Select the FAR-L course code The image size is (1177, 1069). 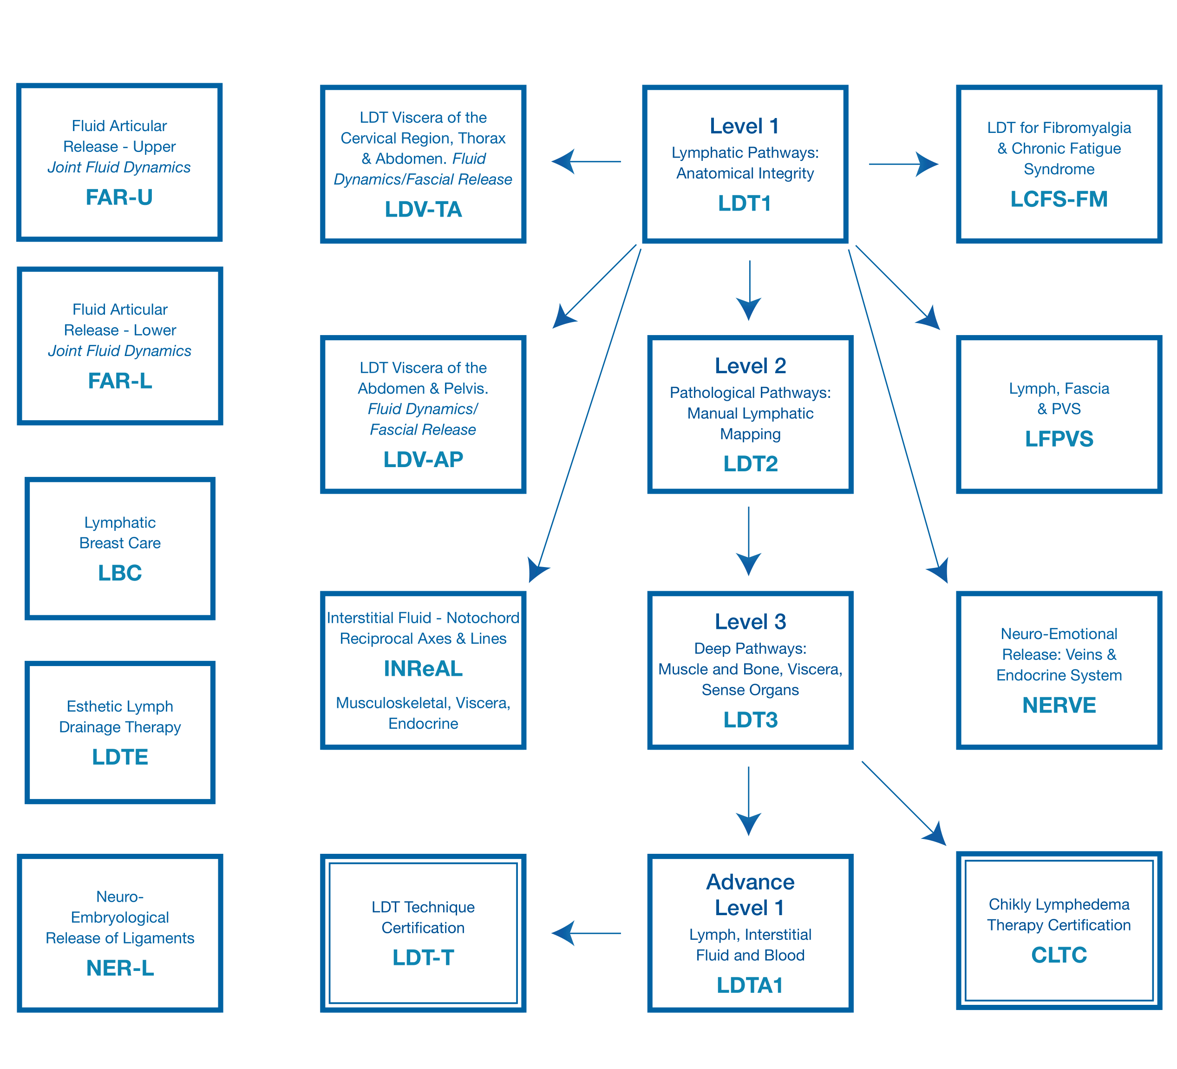pos(120,381)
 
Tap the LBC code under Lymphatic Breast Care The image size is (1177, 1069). pos(120,573)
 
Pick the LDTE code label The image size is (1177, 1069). pos(120,757)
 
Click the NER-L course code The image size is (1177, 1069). pos(120,968)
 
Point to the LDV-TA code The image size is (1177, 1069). pos(423,209)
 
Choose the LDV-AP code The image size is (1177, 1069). pos(423,460)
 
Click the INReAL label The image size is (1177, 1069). pos(423,669)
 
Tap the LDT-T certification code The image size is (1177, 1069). pos(423,957)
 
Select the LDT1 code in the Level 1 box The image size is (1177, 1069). pos(745,203)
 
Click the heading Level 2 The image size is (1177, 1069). pos(750,366)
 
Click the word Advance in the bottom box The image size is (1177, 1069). pos(750,882)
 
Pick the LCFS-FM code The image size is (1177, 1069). pos(1059,199)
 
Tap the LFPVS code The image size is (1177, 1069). pos(1059,439)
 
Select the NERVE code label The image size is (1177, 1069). pos(1059,705)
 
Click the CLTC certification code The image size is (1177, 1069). pos(1059,955)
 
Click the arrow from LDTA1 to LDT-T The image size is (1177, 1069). pos(586,933)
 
